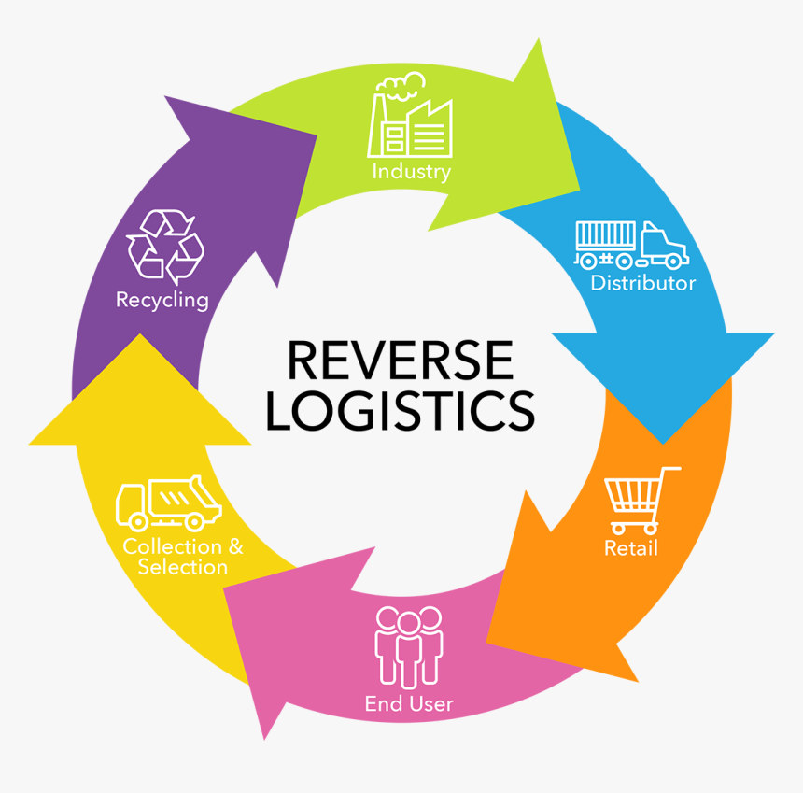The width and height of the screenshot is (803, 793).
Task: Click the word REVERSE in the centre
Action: (x=401, y=360)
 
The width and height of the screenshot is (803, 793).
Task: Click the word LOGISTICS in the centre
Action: (x=401, y=410)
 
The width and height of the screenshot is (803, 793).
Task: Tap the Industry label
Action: (x=411, y=172)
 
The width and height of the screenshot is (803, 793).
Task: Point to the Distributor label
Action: (x=643, y=283)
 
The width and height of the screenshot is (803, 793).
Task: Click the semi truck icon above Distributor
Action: (x=631, y=244)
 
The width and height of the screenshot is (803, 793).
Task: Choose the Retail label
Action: (x=631, y=547)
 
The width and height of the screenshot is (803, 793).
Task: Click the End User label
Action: (x=409, y=703)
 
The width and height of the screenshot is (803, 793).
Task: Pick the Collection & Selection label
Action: (x=183, y=557)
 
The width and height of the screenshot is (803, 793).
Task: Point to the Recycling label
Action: (x=162, y=300)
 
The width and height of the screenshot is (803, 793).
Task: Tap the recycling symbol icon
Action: (x=165, y=246)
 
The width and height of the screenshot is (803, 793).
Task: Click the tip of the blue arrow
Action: (x=663, y=442)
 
